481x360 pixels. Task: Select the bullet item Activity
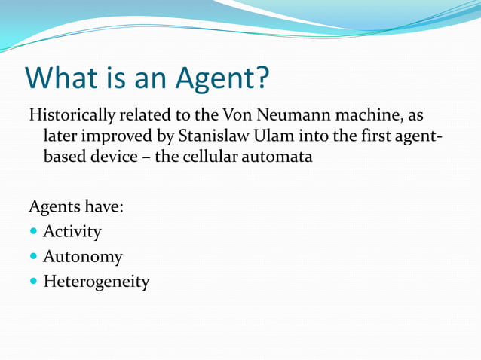pyautogui.click(x=72, y=231)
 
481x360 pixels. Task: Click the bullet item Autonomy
pyautogui.click(x=82, y=257)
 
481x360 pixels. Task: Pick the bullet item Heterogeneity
pyautogui.click(x=96, y=282)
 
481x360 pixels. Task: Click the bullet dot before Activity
pyautogui.click(x=34, y=232)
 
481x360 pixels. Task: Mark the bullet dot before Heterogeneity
pyautogui.click(x=34, y=283)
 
